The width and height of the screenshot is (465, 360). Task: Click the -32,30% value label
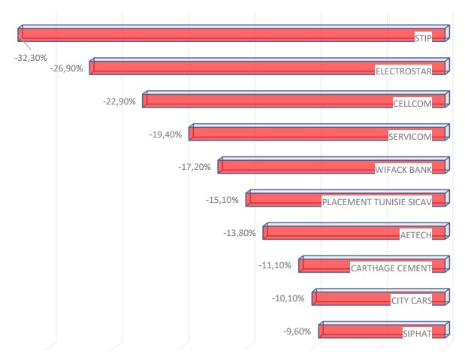[32, 57]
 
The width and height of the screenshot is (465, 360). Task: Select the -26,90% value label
[68, 68]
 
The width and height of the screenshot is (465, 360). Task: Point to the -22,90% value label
[120, 101]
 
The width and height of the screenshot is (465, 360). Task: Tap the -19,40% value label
[167, 134]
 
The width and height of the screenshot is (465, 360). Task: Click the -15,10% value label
[222, 200]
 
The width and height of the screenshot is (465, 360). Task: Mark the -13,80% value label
[240, 233]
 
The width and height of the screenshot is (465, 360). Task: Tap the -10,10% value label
[288, 298]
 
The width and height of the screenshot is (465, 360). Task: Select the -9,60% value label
[296, 331]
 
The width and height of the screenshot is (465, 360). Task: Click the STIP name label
[424, 38]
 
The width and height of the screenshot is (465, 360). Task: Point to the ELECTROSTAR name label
[404, 71]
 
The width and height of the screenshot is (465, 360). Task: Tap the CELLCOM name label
[412, 104]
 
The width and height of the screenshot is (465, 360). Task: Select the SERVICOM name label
[410, 137]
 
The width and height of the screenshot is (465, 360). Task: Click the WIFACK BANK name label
[403, 170]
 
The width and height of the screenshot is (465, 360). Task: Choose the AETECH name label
[416, 235]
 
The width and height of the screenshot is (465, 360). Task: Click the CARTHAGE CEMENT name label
[391, 268]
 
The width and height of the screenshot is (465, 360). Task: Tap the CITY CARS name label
[412, 301]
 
